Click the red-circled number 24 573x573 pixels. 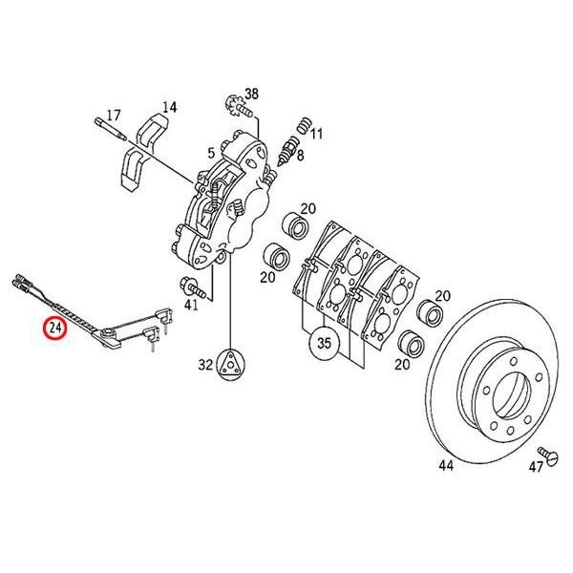click(x=56, y=329)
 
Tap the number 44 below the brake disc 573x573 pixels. click(x=445, y=467)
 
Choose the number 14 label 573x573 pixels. click(x=170, y=107)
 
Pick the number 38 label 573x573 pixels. click(x=251, y=94)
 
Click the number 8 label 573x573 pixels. click(x=299, y=155)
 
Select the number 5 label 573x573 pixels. click(x=210, y=153)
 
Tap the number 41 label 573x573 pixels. click(x=192, y=306)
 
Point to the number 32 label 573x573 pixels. click(x=205, y=365)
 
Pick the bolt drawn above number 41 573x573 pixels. click(x=190, y=285)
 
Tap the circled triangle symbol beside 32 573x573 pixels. click(x=232, y=364)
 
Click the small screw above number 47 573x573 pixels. click(x=546, y=450)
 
